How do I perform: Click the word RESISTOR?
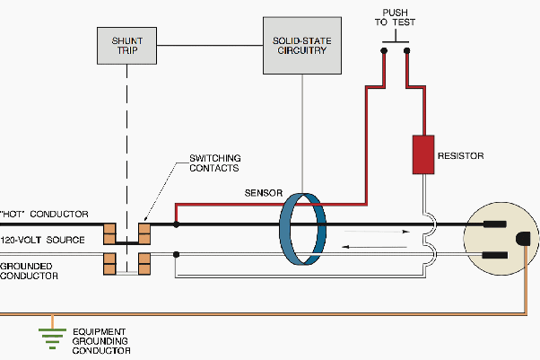[x=460, y=156]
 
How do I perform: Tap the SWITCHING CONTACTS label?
[x=214, y=164]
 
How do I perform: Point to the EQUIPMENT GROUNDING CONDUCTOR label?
[x=100, y=340]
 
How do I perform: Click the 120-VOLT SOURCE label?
[x=42, y=240]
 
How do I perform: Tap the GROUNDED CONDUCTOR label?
[x=30, y=271]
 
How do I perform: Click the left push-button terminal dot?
[x=384, y=51]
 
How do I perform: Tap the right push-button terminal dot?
[x=407, y=51]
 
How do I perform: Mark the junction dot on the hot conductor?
[x=176, y=224]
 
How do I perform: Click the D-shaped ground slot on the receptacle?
[x=523, y=239]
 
